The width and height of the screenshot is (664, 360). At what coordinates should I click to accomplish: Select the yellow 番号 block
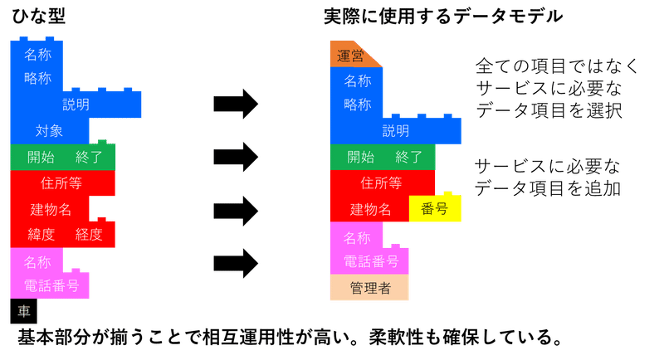pyautogui.click(x=435, y=209)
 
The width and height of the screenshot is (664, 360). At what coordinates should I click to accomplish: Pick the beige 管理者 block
pyautogui.click(x=370, y=289)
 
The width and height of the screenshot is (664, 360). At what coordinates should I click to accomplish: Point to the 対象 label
pyautogui.click(x=48, y=131)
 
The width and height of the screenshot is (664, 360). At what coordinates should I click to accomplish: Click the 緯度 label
pyautogui.click(x=41, y=235)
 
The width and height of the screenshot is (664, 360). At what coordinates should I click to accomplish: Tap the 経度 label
pyautogui.click(x=88, y=235)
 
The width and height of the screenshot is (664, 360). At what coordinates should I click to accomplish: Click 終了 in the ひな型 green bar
pyautogui.click(x=88, y=157)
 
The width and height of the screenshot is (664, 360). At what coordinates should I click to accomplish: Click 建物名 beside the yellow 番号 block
pyautogui.click(x=369, y=209)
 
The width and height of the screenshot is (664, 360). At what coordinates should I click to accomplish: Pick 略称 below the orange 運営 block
pyautogui.click(x=358, y=105)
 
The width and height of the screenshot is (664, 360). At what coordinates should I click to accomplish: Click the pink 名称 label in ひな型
pyautogui.click(x=38, y=262)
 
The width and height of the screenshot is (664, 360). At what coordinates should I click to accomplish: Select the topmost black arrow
pyautogui.click(x=237, y=104)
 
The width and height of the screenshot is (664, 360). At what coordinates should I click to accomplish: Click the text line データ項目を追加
pyautogui.click(x=547, y=188)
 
